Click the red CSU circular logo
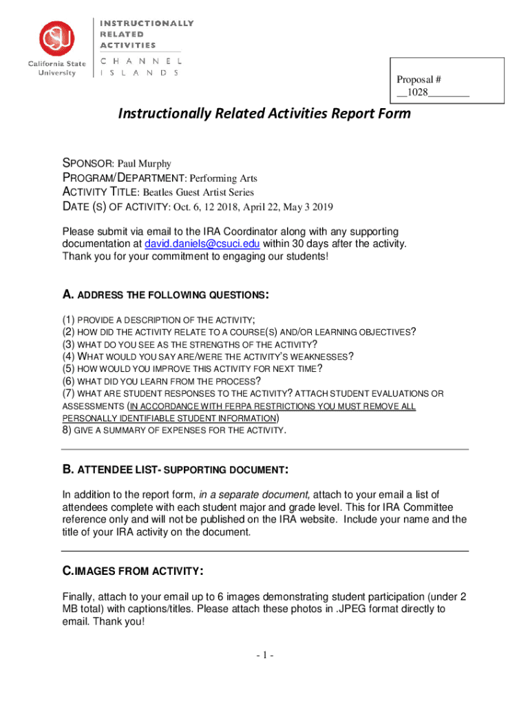tap(57, 39)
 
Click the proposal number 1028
tap(417, 92)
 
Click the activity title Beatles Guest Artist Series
tap(198, 193)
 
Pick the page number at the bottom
tap(264, 655)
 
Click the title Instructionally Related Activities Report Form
tap(265, 113)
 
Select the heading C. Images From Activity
tap(132, 571)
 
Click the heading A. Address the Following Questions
tap(165, 295)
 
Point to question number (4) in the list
tap(68, 356)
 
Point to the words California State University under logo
tap(57, 69)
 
